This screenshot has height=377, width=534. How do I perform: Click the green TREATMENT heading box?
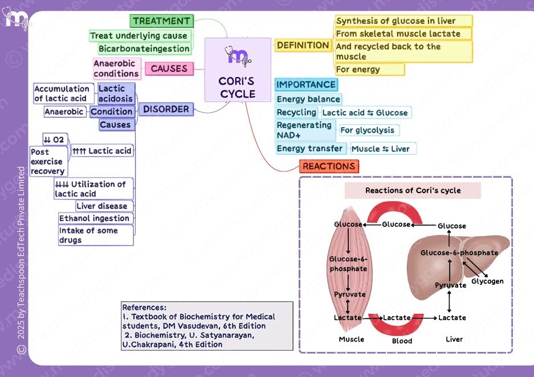[x=161, y=21]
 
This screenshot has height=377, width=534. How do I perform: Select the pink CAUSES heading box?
[x=169, y=68]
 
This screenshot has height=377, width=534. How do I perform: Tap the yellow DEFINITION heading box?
[x=303, y=45]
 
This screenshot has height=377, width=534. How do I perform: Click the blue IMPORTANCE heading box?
[x=306, y=85]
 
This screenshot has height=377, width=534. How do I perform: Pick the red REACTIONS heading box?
[x=329, y=166]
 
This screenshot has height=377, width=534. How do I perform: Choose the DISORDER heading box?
[x=166, y=109]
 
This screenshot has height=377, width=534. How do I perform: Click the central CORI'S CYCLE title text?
[x=237, y=88]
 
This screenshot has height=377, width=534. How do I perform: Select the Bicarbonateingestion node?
[x=144, y=48]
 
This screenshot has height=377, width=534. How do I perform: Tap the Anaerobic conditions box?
[x=116, y=69]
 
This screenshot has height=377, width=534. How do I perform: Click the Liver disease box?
[x=105, y=206]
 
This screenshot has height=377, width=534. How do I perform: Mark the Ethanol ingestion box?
[x=95, y=218]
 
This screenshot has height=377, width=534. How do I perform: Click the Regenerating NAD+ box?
[x=304, y=130]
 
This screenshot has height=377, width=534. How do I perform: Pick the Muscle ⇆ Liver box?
[x=384, y=149]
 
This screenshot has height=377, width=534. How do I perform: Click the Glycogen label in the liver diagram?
[x=487, y=281]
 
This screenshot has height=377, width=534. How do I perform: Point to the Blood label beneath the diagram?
[x=402, y=341]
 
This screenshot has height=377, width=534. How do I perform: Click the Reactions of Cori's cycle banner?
[x=413, y=190]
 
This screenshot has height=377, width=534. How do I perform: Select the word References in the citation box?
[x=144, y=307]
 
